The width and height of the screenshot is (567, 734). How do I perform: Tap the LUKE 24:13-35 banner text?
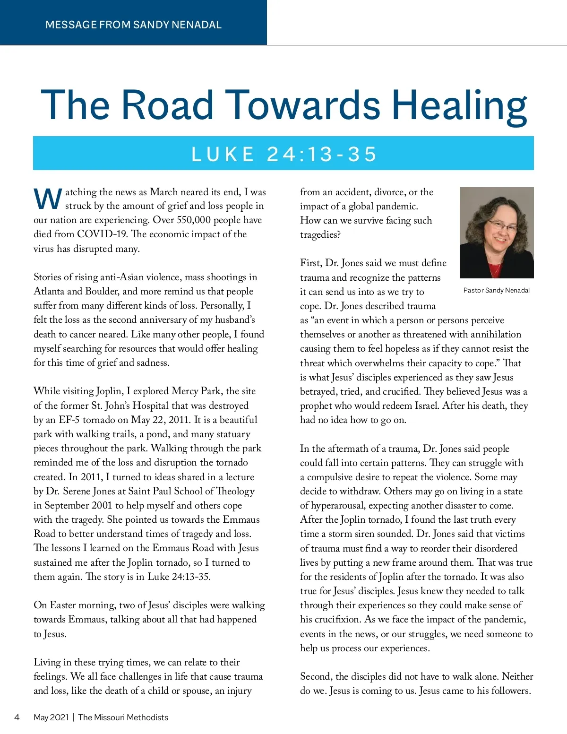[283, 154]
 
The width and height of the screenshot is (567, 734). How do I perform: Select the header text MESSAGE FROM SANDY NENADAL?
[133, 25]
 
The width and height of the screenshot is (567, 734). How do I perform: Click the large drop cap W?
[48, 199]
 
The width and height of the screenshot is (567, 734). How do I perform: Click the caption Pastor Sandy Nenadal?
[496, 290]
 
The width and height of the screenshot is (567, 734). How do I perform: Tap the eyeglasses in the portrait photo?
[502, 227]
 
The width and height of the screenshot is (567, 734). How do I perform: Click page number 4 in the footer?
[17, 717]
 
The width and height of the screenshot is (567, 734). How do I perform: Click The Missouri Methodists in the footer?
[123, 717]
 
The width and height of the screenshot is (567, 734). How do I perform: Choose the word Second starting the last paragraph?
[316, 676]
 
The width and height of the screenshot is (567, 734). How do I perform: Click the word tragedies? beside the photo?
[320, 234]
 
